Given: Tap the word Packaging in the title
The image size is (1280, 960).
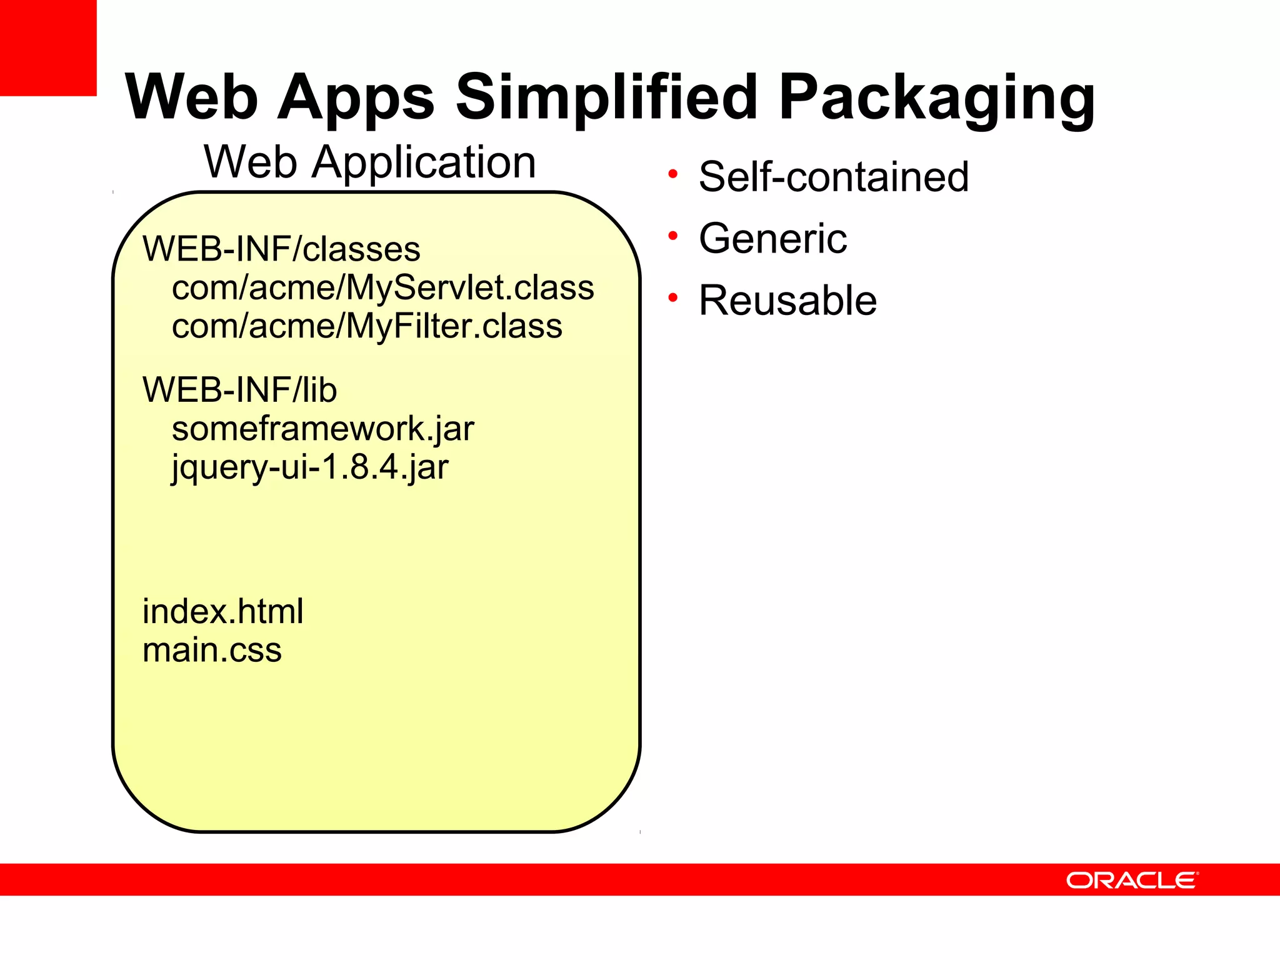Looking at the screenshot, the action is [936, 99].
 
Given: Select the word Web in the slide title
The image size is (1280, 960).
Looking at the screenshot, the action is [191, 97].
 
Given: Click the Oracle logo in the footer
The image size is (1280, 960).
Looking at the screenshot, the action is [1132, 880].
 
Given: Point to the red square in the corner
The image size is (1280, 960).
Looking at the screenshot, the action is [48, 47].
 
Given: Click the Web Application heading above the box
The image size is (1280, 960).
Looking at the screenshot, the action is [370, 162].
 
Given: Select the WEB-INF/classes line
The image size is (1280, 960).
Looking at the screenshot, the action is [281, 249].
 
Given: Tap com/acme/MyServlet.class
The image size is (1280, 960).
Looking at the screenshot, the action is [382, 287].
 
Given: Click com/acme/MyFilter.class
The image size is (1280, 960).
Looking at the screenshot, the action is [367, 326].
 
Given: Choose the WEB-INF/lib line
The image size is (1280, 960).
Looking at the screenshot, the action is [239, 390].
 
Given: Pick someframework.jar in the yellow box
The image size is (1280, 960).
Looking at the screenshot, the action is [322, 429].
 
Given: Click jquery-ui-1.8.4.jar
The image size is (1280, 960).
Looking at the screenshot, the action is [310, 467].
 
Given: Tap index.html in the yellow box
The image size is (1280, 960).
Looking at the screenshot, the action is [222, 611].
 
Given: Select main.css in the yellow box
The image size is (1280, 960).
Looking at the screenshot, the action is [212, 650].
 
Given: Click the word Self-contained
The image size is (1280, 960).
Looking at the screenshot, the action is [834, 177].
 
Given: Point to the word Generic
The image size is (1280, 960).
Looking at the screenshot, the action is [772, 239].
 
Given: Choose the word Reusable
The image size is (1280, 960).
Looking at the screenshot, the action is [787, 301].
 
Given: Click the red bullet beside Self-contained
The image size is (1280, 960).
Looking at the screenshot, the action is [672, 174].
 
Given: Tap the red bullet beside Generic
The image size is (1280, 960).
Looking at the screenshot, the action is [672, 236].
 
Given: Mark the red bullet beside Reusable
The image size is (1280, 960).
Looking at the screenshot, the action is [672, 298].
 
